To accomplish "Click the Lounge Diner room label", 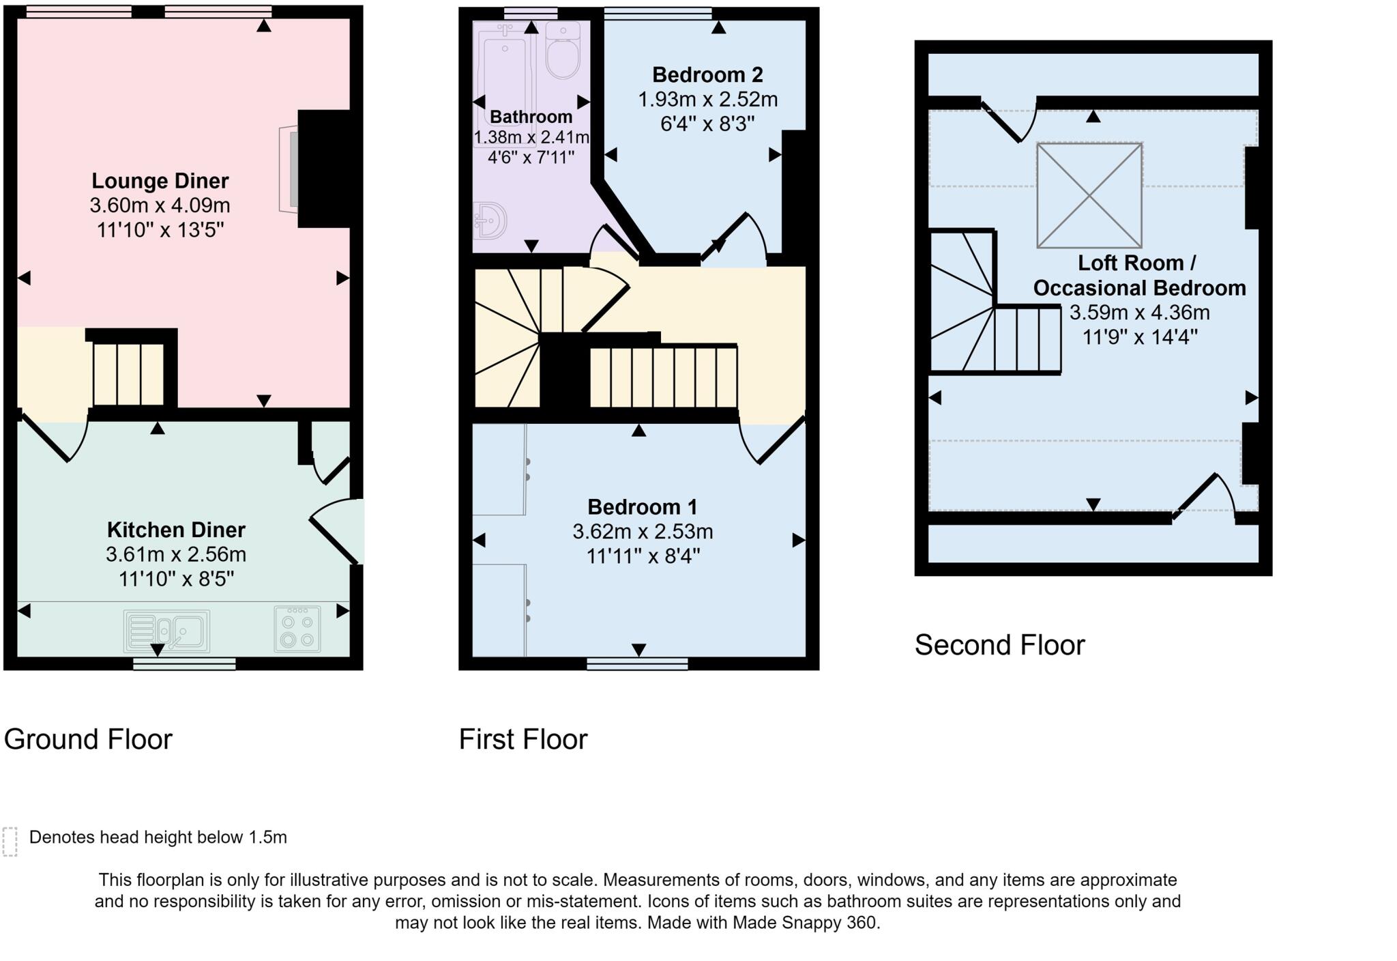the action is (x=160, y=181).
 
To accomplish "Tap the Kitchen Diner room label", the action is (x=176, y=530).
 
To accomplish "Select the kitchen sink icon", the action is (x=166, y=631).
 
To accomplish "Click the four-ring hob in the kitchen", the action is (x=297, y=629).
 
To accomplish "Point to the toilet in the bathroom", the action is (x=563, y=52).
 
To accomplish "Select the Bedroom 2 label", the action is (x=707, y=74).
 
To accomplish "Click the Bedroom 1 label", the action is (x=643, y=507).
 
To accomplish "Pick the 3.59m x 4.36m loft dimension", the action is (x=1139, y=313).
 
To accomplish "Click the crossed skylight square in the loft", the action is (x=1089, y=195).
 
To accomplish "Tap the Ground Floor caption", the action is (x=88, y=739).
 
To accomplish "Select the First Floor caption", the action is (x=523, y=739).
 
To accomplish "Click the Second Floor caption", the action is (x=999, y=645).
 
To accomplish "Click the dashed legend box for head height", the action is (x=10, y=841).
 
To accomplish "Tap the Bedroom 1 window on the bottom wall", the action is (x=637, y=663).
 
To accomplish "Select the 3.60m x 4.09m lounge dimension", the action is (x=160, y=205).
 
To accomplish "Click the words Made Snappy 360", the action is (x=806, y=923).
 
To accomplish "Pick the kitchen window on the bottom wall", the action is (x=184, y=663).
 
